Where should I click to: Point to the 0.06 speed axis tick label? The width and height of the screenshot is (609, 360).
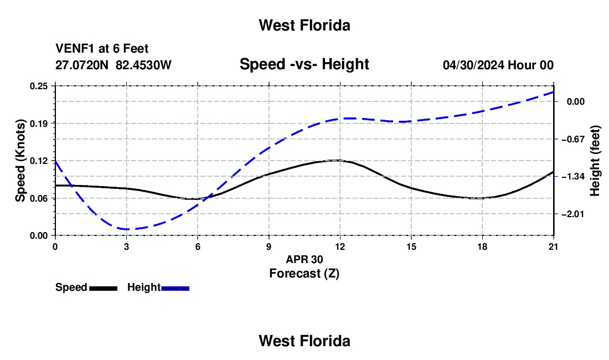coord(39,198)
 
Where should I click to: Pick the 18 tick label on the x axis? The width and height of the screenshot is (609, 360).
coord(482,246)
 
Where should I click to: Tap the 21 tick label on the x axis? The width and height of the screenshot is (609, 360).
coord(554,246)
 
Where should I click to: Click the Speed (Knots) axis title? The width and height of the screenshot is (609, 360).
coord(20,161)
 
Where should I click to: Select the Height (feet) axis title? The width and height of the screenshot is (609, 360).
coord(595,161)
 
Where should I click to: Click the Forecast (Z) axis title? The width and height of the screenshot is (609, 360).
coord(304,274)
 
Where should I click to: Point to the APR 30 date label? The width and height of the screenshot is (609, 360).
coord(304,259)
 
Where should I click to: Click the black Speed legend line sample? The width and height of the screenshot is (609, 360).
coord(104,288)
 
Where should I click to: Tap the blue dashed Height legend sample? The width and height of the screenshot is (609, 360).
coord(175,288)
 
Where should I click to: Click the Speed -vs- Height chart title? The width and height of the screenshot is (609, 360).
coord(304,64)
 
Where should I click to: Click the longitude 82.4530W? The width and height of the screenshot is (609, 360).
coord(143,65)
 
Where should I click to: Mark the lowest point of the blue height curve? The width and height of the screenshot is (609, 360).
coord(127,229)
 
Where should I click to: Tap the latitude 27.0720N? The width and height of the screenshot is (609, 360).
coord(82,65)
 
